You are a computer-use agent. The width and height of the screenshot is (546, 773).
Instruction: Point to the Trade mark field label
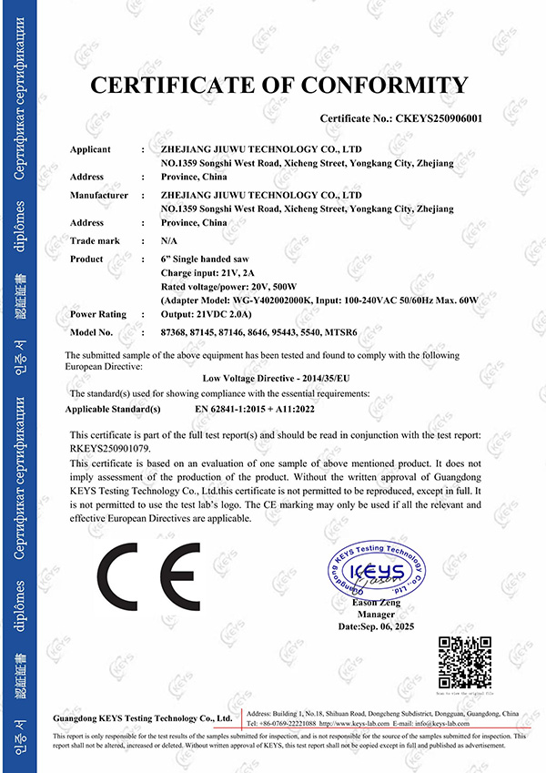(x=95, y=240)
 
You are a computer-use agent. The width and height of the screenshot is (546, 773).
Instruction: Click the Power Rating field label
(x=98, y=314)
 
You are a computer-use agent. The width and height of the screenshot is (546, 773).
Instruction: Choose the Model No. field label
(x=91, y=332)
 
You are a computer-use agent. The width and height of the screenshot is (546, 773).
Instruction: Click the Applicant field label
(x=90, y=149)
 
